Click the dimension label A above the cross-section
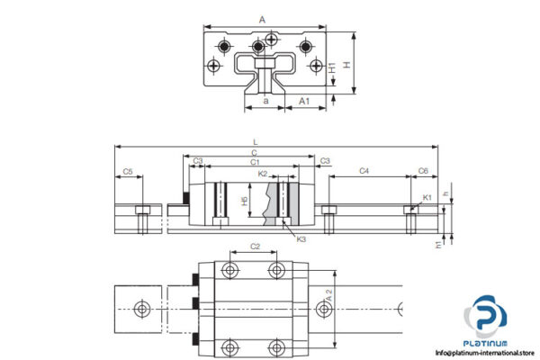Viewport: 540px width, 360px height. pos(261,17)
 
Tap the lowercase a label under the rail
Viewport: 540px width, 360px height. pos(265,101)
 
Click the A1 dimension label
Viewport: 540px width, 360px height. pos(305,101)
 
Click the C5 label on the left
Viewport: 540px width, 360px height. pos(128,171)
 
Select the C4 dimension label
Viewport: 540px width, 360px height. pos(364,169)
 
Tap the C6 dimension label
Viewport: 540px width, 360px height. pos(423,169)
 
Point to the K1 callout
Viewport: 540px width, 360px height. pos(427,196)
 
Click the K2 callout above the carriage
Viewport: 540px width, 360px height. pos(263,172)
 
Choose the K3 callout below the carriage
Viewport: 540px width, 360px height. pos(301,239)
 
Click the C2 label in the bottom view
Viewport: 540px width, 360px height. pos(255,246)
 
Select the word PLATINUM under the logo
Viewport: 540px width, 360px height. pos(487,343)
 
